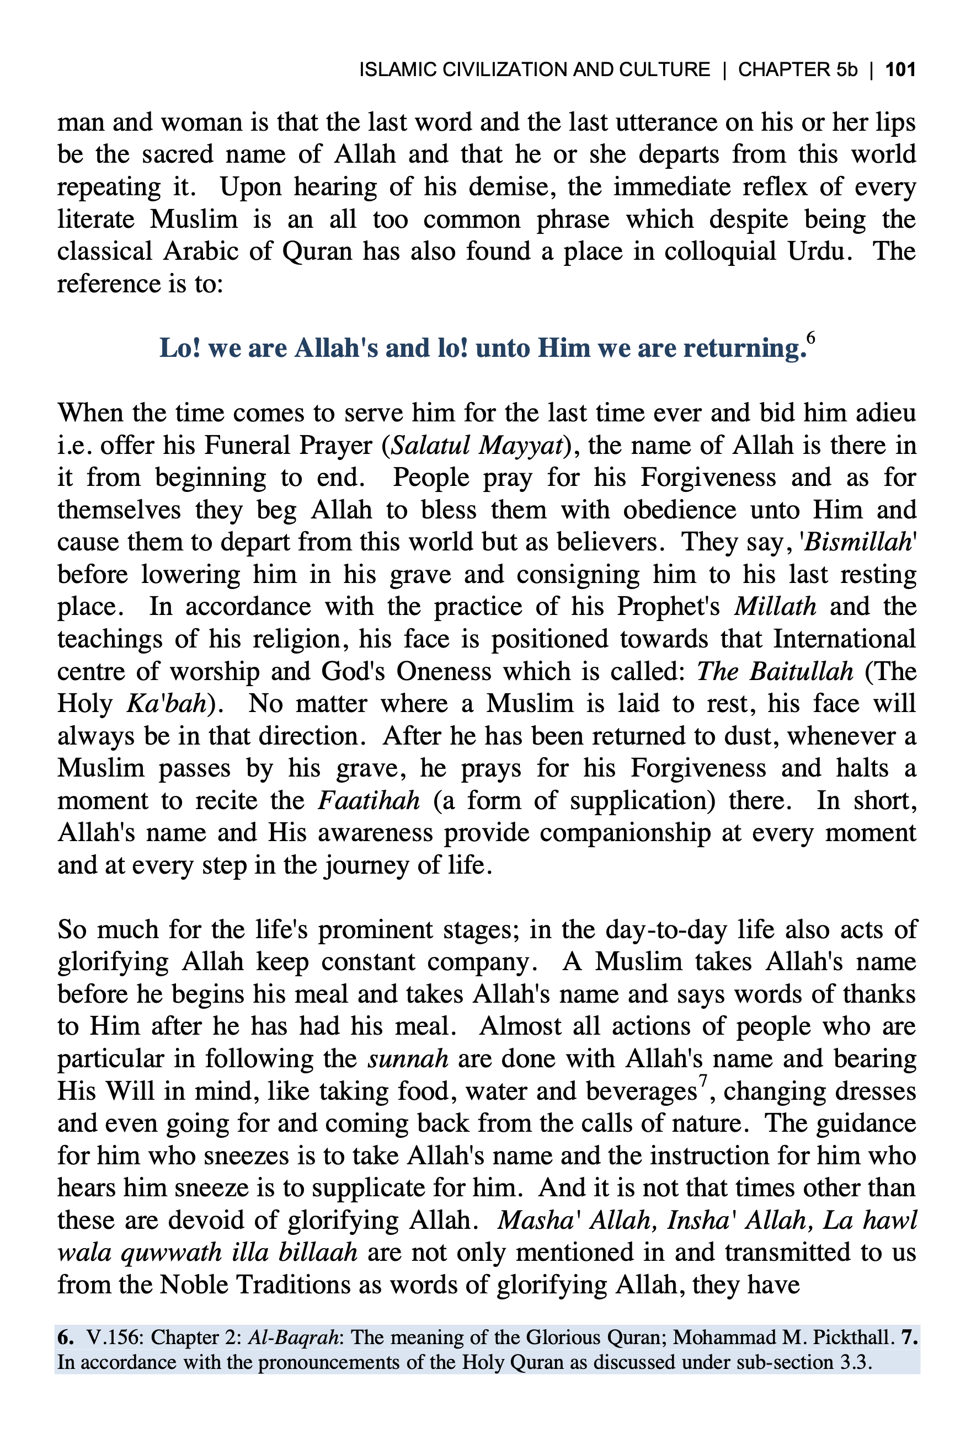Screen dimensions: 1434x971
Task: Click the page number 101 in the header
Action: (900, 69)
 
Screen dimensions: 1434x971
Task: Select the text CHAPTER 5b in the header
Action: (798, 69)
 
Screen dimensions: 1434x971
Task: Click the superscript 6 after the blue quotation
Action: (810, 338)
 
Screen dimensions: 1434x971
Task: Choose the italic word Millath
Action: (775, 607)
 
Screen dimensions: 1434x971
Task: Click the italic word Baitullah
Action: (801, 671)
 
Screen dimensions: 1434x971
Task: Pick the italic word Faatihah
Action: (369, 801)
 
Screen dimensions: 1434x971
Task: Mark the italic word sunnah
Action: (408, 1059)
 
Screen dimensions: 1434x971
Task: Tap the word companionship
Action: (625, 833)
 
